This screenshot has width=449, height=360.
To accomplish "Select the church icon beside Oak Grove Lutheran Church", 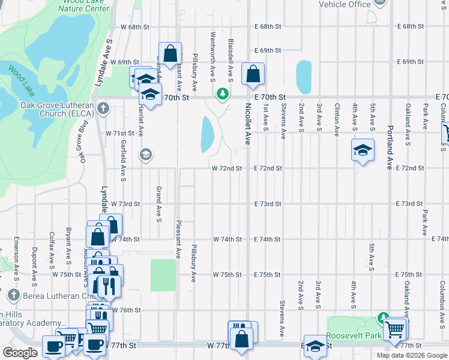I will click(103, 109).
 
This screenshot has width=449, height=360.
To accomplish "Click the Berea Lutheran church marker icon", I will click(13, 295).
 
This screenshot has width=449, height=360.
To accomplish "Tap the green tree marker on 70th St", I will click(223, 94).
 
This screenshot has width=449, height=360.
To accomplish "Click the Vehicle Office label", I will click(345, 5).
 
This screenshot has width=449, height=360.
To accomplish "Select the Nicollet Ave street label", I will click(247, 124).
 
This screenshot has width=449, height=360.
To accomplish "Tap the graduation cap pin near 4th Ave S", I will click(363, 150).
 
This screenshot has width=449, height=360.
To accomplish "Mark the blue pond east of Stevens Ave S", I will click(304, 76).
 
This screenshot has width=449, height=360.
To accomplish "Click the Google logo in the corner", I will click(20, 353).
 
